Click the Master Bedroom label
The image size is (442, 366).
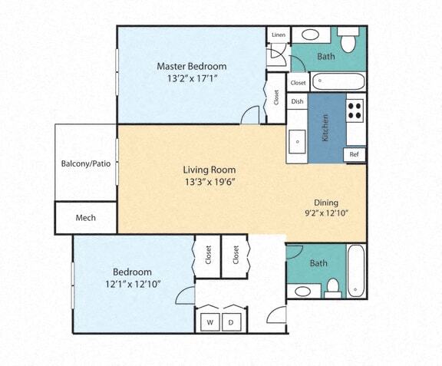click(192, 66)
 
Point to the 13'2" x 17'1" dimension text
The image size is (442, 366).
click(192, 79)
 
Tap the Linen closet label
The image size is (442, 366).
click(278, 35)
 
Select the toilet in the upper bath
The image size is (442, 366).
click(350, 38)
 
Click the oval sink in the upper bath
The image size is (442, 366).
click(311, 35)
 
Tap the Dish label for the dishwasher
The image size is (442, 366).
click(297, 101)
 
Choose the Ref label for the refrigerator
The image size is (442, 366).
click(355, 154)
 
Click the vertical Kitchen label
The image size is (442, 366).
click(325, 127)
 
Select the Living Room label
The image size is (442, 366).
click(209, 170)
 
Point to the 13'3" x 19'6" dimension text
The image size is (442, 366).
click(209, 183)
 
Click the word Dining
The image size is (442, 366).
click(326, 203)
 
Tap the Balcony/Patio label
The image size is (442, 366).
click(84, 163)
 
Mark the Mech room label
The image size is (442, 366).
click(85, 218)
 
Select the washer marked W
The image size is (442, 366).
click(209, 322)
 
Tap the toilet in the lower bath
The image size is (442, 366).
click(333, 287)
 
